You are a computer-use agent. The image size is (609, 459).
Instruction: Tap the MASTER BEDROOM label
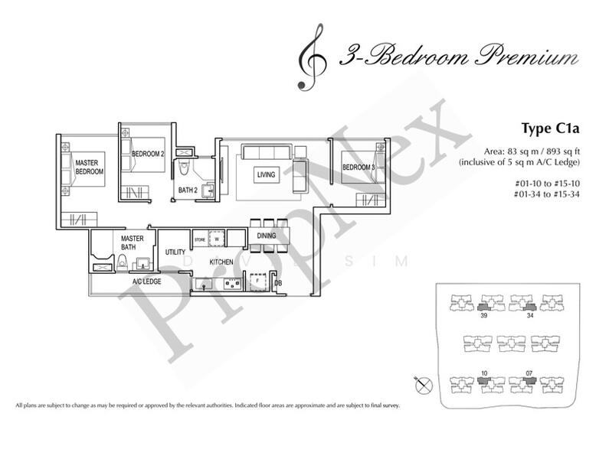tap(89, 167)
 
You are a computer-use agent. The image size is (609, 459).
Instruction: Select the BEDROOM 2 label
tap(148, 154)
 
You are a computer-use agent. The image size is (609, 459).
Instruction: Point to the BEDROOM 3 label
tap(358, 168)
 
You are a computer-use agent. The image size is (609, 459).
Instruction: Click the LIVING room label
tap(266, 175)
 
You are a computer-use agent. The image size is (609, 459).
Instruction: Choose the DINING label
tap(267, 236)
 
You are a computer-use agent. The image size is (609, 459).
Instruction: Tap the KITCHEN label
tap(220, 262)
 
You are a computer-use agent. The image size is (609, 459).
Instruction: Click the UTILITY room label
tap(175, 252)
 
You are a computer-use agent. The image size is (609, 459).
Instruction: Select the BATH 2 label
tap(188, 189)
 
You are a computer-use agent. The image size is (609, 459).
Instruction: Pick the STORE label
tap(200, 239)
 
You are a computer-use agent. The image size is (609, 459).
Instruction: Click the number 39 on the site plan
tap(483, 314)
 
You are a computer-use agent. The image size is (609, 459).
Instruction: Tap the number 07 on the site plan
tap(529, 374)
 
